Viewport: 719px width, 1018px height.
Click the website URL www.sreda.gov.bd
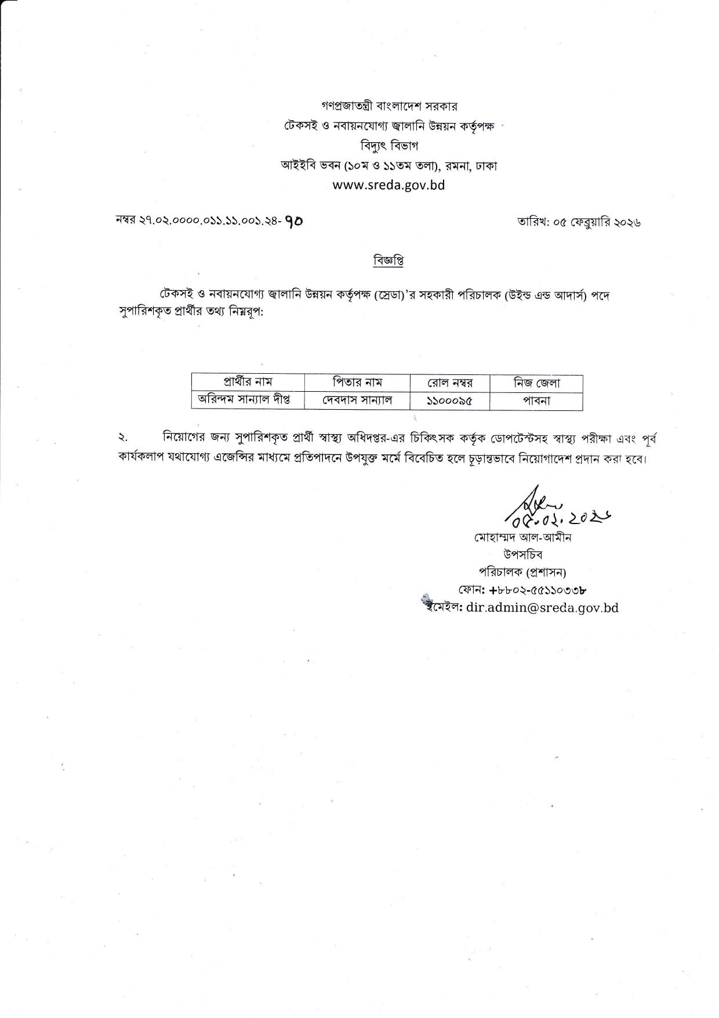[388, 185]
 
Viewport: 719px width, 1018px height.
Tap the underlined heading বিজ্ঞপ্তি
[388, 261]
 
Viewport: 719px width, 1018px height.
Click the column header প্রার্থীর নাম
[248, 382]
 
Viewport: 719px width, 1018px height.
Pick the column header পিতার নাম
[357, 382]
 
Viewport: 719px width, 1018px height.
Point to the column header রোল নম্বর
[450, 383]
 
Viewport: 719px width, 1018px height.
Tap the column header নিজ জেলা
[536, 383]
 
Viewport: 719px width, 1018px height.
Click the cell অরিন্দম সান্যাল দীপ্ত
[244, 400]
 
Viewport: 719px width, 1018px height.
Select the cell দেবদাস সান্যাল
[357, 400]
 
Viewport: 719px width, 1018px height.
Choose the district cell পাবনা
[536, 400]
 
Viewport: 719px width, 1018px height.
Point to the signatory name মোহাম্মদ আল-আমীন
[522, 537]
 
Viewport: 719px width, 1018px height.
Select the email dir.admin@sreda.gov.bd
[542, 608]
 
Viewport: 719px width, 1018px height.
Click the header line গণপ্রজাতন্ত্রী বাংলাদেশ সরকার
[389, 107]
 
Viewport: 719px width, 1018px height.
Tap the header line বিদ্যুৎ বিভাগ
[388, 146]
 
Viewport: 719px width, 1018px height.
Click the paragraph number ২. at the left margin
[123, 438]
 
